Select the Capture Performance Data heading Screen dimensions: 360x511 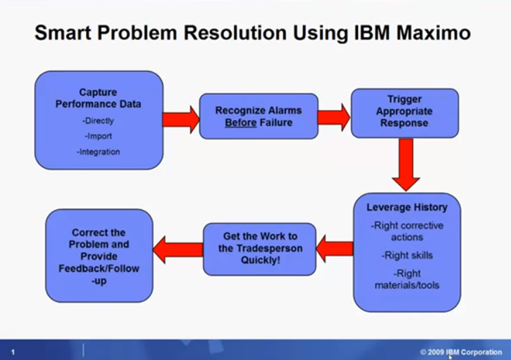tap(98, 98)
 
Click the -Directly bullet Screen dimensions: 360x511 tap(98, 121)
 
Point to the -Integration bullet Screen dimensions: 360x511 tap(98, 151)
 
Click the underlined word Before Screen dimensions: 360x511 tap(239, 123)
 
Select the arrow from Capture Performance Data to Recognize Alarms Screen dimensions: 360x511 tap(180, 119)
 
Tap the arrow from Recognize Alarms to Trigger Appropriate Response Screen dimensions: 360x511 tap(334, 116)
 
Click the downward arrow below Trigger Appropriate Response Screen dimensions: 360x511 tap(406, 165)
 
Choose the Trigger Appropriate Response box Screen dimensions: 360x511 tap(404, 112)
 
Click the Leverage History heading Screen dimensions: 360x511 tap(406, 207)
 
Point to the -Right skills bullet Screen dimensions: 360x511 tap(407, 255)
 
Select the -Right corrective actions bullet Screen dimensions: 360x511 tap(407, 231)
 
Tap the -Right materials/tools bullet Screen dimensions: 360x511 tap(406, 279)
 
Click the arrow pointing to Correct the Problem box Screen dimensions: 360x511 tap(178, 248)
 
